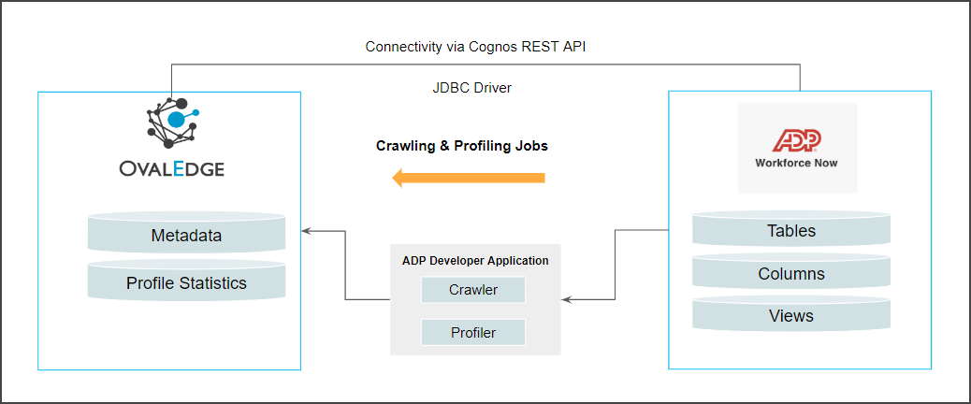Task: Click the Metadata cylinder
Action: (x=186, y=235)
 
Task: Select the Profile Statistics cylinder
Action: (x=186, y=281)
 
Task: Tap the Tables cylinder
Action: (x=790, y=230)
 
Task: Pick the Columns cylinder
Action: (x=790, y=273)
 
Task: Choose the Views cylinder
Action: (x=790, y=315)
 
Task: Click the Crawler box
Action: (x=472, y=290)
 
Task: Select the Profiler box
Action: (x=472, y=332)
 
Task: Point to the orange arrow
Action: (x=468, y=177)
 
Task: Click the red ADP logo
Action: (x=796, y=140)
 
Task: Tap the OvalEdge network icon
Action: (x=175, y=123)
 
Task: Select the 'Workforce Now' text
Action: (x=796, y=163)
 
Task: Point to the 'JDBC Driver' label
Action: (x=466, y=88)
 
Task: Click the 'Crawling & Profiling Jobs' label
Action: (x=462, y=146)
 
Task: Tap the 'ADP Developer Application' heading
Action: (x=475, y=260)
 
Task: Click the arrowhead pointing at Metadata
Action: (x=307, y=229)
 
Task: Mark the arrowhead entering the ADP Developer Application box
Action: (x=567, y=299)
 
